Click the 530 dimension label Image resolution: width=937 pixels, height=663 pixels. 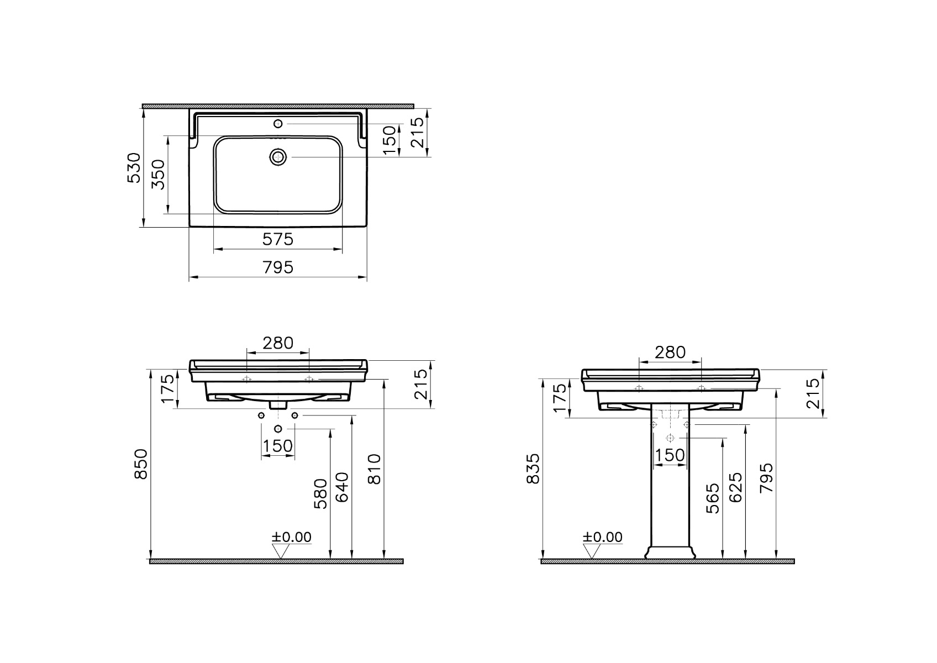pos(134,168)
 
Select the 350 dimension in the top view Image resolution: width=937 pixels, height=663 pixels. pos(158,175)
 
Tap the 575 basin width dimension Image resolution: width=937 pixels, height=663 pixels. pos(278,239)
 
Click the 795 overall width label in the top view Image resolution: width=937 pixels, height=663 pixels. pos(278,267)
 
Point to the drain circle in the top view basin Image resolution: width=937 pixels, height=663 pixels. pos(278,157)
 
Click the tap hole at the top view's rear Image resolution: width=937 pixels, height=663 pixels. pos(278,123)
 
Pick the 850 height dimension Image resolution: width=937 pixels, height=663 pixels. pos(141,464)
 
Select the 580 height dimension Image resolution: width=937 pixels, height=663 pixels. pos(321,493)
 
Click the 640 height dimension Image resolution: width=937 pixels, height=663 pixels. pos(342,487)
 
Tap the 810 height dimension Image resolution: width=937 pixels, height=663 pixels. pos(375,469)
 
